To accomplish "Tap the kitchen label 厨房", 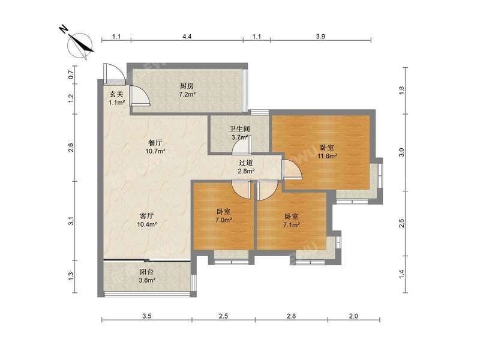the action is (x=187, y=86).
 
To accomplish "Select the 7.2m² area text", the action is (x=187, y=94).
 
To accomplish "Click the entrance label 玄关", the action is (x=116, y=94).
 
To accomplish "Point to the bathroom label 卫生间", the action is (x=240, y=129).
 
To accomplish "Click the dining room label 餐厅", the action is (x=155, y=143).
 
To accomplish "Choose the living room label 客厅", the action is (x=146, y=216).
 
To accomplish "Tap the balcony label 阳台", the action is (x=146, y=272).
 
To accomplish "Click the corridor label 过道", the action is (x=246, y=163).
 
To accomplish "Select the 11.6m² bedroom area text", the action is (x=327, y=156).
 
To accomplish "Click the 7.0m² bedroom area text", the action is (x=223, y=220).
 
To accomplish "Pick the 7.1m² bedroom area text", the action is (x=292, y=225).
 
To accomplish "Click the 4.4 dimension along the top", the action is (x=187, y=37).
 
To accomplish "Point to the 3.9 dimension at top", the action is (x=320, y=37).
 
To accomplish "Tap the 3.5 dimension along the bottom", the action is (x=147, y=316).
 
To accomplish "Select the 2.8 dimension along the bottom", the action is (x=292, y=316).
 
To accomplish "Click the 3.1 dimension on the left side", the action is (x=71, y=221).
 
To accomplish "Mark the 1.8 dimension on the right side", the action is (x=401, y=91).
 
